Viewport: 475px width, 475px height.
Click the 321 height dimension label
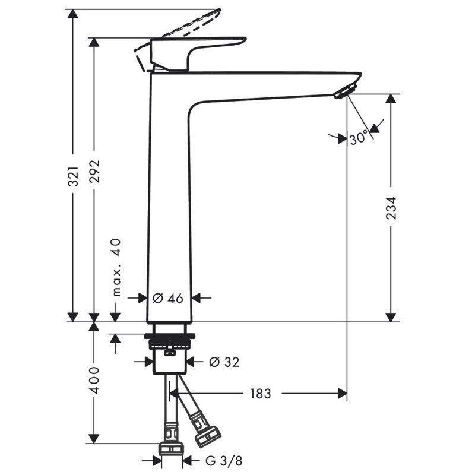73,176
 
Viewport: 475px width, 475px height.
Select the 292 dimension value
94,171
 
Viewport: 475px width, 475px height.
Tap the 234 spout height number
391,208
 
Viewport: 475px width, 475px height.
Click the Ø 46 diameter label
168,299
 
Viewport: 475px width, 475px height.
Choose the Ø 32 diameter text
224,362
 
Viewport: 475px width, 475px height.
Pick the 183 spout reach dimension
260,394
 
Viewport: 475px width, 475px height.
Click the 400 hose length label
95,380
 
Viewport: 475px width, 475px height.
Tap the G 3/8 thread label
224,461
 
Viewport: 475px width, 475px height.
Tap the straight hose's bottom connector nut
171,449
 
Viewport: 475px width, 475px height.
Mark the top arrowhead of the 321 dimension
72,14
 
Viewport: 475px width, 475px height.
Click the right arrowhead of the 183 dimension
343,394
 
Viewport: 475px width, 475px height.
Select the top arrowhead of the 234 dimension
391,99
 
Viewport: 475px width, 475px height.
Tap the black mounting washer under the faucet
170,336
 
